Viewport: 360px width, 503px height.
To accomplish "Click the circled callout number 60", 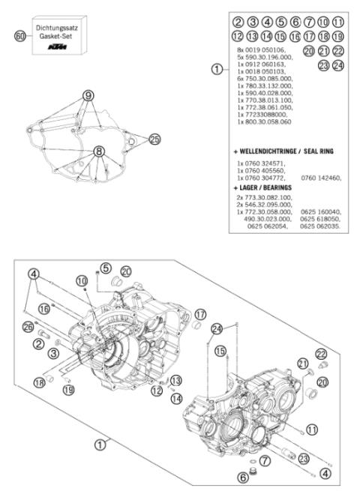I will coord(20,35).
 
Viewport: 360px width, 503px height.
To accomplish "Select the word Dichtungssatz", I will coord(58,28).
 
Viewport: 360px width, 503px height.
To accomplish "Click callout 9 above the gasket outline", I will coord(88,95).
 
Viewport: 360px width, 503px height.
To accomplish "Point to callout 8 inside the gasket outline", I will coord(98,151).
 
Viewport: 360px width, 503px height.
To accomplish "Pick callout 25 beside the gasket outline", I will coord(154,139).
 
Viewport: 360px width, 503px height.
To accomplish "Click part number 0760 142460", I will coord(320,178).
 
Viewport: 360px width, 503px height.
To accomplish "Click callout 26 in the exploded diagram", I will coord(28,326).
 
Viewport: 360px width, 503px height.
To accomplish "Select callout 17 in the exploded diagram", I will coord(200,314).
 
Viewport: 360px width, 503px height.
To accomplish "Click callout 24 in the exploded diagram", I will coord(217,328).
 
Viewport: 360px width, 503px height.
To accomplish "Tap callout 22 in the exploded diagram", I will coord(320,354).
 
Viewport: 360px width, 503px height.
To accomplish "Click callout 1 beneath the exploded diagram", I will coord(98,444).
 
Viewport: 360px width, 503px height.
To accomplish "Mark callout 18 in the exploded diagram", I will coord(39,382).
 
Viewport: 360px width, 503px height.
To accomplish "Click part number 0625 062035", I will coord(320,226).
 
